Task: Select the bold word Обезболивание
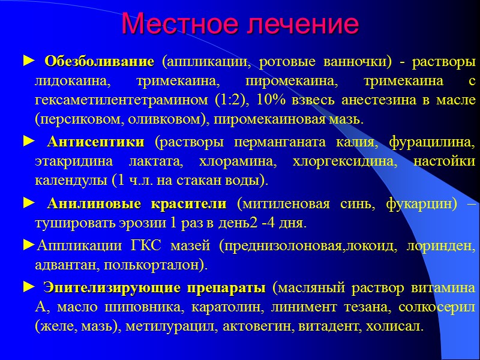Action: [99, 62]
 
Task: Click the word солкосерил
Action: [442, 307]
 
